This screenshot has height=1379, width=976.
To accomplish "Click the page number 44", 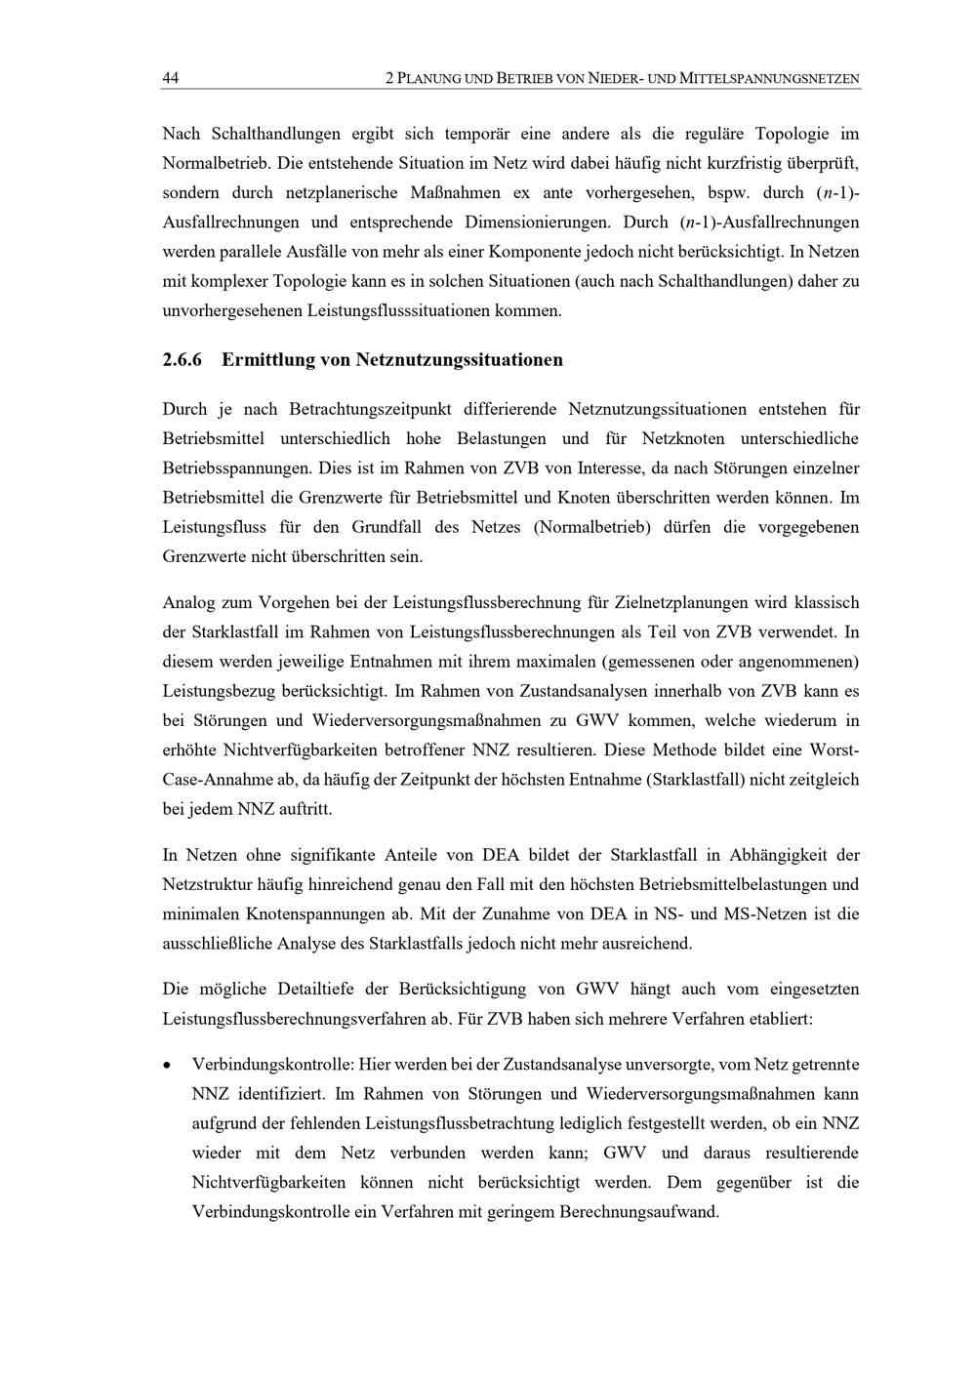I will (170, 78).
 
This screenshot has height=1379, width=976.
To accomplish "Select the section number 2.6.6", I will (182, 360).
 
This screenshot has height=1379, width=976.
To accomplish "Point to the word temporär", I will (481, 134).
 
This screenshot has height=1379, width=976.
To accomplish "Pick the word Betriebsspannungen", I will (230, 468).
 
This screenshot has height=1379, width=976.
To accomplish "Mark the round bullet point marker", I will (169, 1065).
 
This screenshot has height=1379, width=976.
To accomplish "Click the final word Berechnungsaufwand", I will (638, 1212).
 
